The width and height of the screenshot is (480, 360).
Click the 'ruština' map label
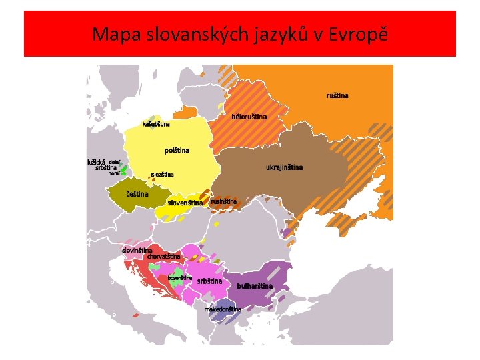pyautogui.click(x=337, y=95)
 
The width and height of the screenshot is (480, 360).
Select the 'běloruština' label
pyautogui.click(x=249, y=117)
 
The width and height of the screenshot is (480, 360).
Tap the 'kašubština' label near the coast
pyautogui.click(x=156, y=124)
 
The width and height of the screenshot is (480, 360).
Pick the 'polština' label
pyautogui.click(x=177, y=150)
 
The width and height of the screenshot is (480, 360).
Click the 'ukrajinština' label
pyautogui.click(x=284, y=167)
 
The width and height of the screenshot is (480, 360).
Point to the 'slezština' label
pyautogui.click(x=162, y=175)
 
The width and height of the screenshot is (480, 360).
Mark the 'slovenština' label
pyautogui.click(x=185, y=203)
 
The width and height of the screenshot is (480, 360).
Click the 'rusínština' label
pyautogui.click(x=223, y=201)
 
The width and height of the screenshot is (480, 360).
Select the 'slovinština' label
pyautogui.click(x=137, y=250)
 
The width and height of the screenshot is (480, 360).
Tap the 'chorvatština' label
pyautogui.click(x=164, y=257)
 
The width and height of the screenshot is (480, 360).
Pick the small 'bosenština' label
pyautogui.click(x=180, y=277)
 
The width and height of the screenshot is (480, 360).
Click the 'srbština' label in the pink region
pyautogui.click(x=209, y=281)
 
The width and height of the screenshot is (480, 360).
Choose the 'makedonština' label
pyautogui.click(x=223, y=309)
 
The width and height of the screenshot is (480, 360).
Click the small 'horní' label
pyautogui.click(x=114, y=173)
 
